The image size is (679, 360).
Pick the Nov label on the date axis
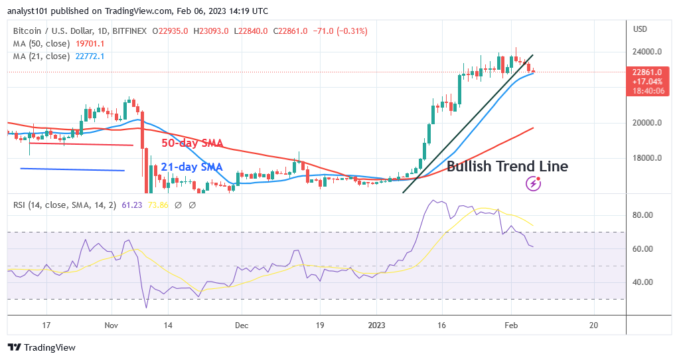(111, 325)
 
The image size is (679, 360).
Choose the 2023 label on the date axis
(376, 325)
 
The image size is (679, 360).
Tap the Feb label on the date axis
(512, 325)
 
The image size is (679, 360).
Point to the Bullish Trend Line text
(507, 167)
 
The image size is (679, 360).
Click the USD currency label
(641, 29)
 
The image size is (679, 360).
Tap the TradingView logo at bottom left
(41, 347)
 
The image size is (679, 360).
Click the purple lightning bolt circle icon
(532, 183)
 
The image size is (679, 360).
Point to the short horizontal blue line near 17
(72, 169)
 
